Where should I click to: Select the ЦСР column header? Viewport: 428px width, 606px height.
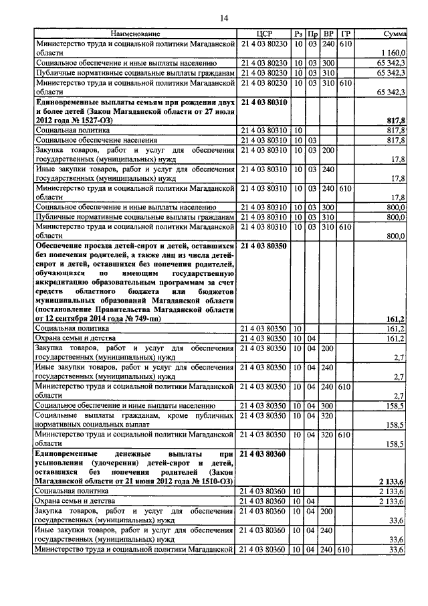(263, 33)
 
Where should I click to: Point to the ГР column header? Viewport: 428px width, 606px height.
(344, 33)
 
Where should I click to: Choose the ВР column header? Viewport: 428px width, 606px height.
(328, 33)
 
